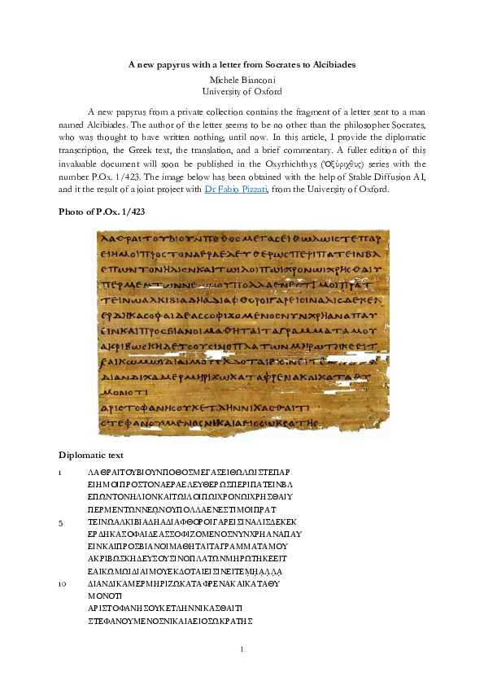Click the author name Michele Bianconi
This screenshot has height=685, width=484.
coord(242,79)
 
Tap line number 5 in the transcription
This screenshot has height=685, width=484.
coord(61,522)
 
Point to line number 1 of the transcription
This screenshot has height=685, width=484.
coord(61,473)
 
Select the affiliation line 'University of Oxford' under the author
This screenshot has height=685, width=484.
coord(242,90)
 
